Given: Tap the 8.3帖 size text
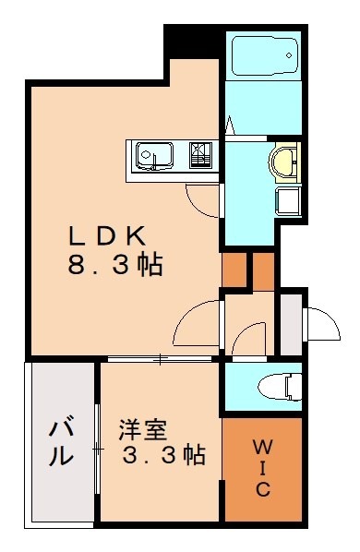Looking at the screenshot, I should [114, 266].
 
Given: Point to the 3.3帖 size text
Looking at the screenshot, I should [163, 455].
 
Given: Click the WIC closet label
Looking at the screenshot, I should [262, 468].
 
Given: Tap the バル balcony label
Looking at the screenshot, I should [61, 442].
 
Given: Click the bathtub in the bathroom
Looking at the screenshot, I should [265, 57].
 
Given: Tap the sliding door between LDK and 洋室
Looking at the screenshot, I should [162, 358].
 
